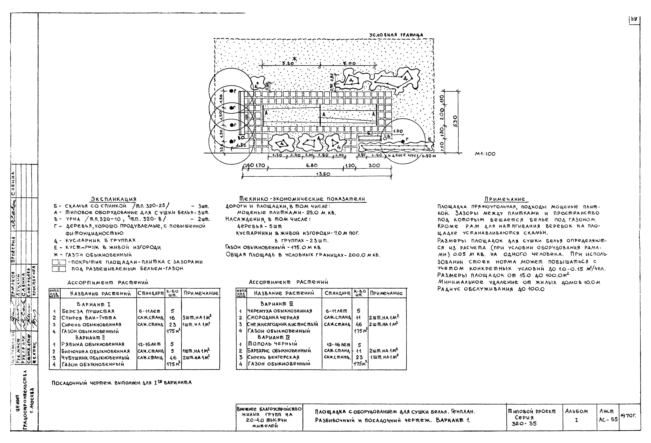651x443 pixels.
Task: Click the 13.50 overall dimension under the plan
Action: click(323, 174)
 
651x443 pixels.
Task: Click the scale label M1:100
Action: click(485, 154)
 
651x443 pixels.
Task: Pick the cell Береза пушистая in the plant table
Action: click(88, 311)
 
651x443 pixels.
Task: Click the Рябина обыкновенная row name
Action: click(93, 344)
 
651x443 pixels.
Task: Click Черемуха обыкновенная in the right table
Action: click(280, 311)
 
